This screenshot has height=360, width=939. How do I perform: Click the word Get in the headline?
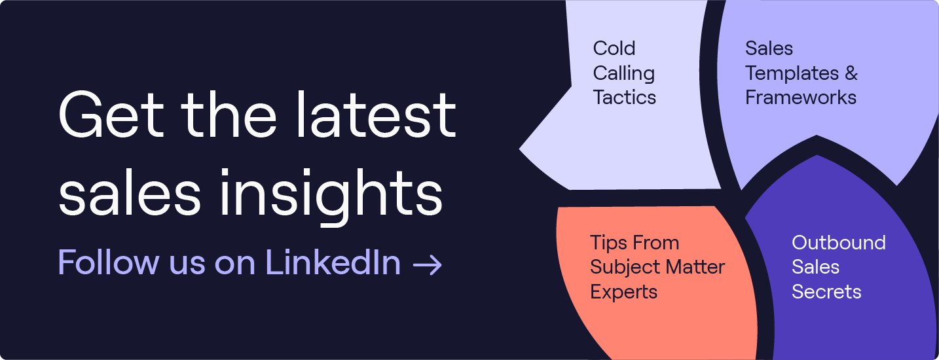click(111, 115)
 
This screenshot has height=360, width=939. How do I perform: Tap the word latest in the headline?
click(376, 114)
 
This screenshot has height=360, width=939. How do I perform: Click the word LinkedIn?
click(333, 262)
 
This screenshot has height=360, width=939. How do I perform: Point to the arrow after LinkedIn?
click(427, 265)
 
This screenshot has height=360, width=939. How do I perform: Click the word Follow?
click(108, 262)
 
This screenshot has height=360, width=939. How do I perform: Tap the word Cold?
click(614, 48)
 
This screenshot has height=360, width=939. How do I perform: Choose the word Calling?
click(624, 74)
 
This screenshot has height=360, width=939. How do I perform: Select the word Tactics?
click(625, 98)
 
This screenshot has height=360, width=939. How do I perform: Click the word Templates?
click(792, 74)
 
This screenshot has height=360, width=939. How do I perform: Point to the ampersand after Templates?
click(851, 73)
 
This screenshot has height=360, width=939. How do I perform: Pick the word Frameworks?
click(801, 98)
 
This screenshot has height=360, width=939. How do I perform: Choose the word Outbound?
click(839, 243)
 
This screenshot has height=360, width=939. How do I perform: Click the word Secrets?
click(826, 292)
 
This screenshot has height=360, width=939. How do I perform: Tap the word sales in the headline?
click(130, 192)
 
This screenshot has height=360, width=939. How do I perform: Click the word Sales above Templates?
click(769, 48)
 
